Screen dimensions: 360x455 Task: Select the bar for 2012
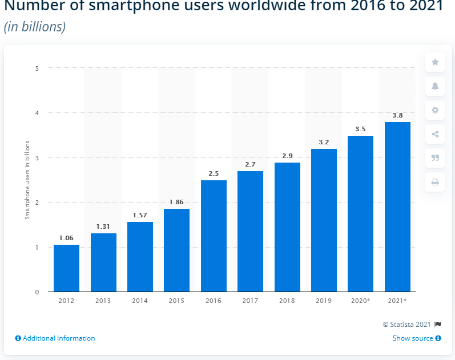[x=66, y=268]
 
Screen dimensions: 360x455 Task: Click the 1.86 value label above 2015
[x=176, y=203]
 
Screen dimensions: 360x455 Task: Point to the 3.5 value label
[x=360, y=130]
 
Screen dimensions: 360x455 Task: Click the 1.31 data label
[x=103, y=226]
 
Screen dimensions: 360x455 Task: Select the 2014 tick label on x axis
[x=140, y=300]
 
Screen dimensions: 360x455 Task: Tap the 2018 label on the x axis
[x=287, y=300]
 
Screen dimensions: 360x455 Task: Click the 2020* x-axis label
[x=360, y=300]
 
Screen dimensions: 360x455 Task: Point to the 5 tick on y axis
[x=37, y=68]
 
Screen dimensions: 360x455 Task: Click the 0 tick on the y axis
[x=37, y=292]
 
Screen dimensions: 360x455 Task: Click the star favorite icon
[x=435, y=62]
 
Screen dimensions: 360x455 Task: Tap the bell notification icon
[x=435, y=86]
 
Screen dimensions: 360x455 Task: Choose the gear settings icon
[x=435, y=110]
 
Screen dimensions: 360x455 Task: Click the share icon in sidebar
[x=435, y=134]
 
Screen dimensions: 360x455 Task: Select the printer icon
[x=435, y=183]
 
